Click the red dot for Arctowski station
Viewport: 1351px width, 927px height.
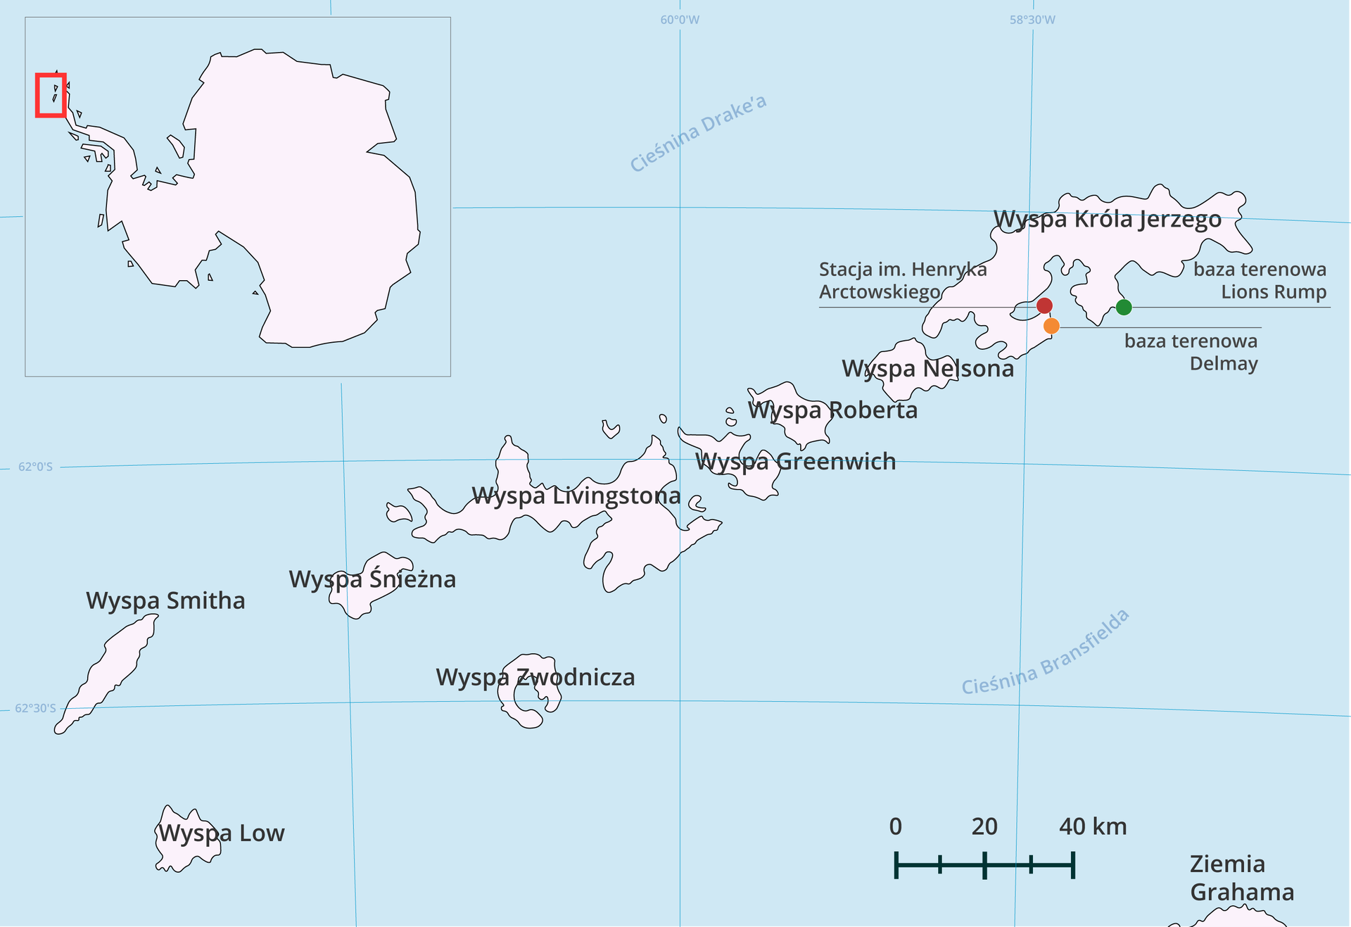(1044, 305)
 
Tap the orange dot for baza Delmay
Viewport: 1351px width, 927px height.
(1051, 326)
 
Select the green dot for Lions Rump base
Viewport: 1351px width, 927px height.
(1124, 307)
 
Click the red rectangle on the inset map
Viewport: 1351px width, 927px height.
(51, 95)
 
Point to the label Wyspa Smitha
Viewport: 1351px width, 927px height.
(165, 601)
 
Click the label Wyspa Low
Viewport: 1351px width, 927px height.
(221, 833)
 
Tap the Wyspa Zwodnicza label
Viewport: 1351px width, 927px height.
(535, 677)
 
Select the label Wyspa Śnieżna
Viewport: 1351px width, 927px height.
(372, 579)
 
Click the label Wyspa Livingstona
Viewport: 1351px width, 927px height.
(576, 496)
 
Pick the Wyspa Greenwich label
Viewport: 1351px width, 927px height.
(795, 462)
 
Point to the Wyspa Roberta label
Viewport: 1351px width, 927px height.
(832, 410)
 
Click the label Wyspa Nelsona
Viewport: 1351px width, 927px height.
(927, 369)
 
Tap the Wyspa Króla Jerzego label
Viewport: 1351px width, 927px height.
(1107, 220)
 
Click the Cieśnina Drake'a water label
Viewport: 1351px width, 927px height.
(697, 133)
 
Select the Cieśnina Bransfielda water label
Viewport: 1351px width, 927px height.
(1045, 652)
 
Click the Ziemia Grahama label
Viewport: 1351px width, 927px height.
(1241, 878)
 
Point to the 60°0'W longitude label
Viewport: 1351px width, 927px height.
(680, 20)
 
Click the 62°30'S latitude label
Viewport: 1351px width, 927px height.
(35, 708)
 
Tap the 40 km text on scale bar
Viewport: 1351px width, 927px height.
(1092, 826)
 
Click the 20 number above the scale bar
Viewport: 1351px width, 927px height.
(984, 826)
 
